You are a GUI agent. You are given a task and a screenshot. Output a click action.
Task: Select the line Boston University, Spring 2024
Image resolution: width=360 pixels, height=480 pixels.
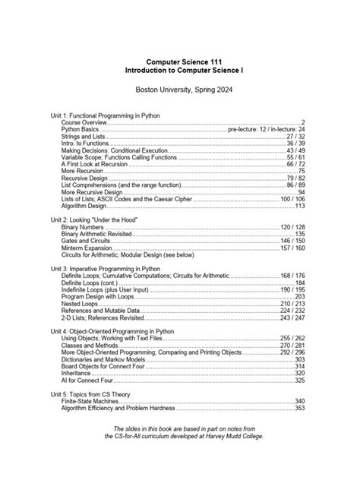179,89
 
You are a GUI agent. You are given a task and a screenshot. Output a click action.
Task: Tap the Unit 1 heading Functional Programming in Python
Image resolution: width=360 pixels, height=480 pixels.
105,115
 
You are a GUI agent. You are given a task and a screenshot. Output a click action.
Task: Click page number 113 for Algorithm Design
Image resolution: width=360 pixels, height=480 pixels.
299,206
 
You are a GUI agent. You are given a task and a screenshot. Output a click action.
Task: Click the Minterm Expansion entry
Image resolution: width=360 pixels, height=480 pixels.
90,248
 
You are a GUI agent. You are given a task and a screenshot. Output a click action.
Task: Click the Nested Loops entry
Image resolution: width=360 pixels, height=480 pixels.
82,303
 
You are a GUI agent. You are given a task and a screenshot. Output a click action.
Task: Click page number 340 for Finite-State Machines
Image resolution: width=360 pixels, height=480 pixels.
299,401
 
